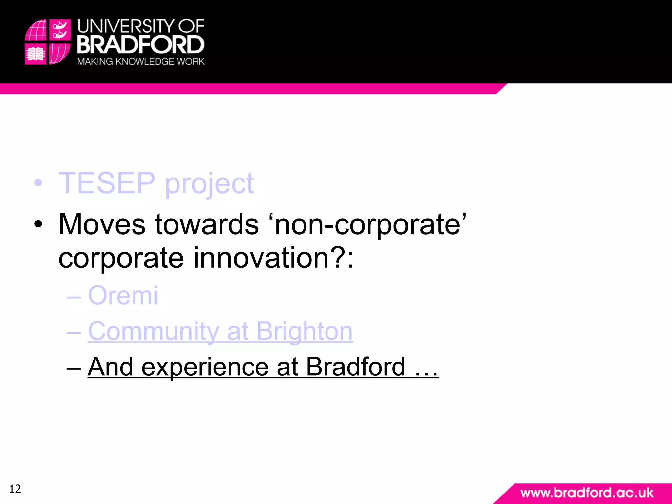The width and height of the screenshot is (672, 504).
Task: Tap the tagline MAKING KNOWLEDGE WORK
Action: point(141,62)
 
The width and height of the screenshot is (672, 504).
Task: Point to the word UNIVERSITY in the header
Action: point(126,26)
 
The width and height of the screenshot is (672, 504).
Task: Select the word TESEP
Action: point(107,183)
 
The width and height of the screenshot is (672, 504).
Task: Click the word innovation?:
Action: point(274,258)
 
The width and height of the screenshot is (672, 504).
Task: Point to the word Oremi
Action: point(123,295)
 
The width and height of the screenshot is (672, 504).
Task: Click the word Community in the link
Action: point(153,331)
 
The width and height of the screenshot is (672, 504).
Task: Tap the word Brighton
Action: point(304,331)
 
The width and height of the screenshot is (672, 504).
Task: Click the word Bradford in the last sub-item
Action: point(355,367)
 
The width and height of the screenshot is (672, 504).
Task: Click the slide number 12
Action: point(15,489)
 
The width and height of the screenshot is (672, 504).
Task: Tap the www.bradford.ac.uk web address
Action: point(587,493)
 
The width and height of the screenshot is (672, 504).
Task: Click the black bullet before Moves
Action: point(38,224)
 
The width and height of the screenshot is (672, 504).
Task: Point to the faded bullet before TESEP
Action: point(38,183)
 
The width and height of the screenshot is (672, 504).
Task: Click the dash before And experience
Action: point(73,367)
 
